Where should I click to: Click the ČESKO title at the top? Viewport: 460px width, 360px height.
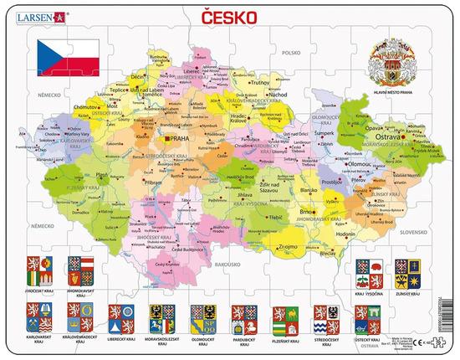(229, 15)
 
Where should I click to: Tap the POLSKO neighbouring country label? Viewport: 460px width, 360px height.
(291, 52)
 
